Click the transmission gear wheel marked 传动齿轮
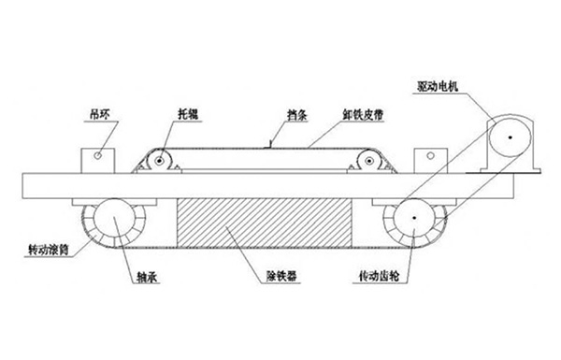click(412, 222)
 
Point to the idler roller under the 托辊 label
click(160, 163)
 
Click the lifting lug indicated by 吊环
click(94, 158)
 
